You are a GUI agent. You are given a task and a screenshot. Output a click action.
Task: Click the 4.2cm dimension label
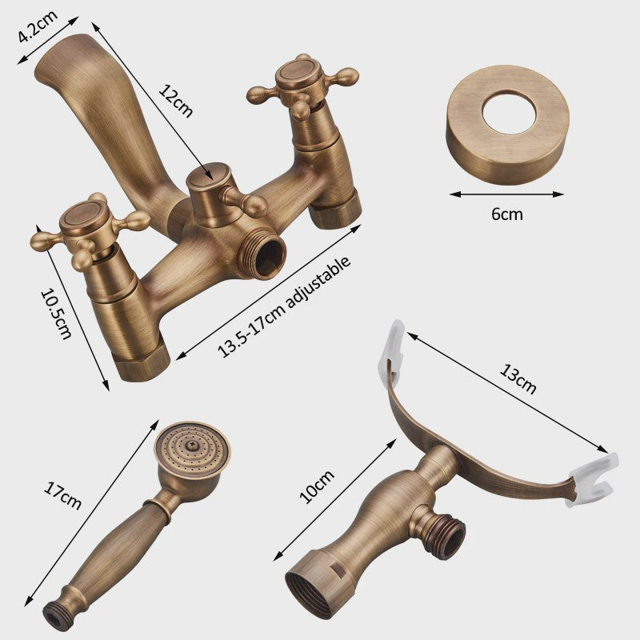[x=38, y=26]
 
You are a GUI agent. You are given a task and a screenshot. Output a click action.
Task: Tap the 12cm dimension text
[x=175, y=101]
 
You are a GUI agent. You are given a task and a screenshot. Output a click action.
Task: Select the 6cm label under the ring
[x=506, y=214]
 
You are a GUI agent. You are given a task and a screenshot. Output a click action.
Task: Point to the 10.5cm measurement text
[x=56, y=314]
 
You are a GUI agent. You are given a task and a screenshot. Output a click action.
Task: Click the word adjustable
[x=318, y=282]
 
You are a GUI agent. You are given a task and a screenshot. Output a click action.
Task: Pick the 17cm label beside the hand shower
[x=62, y=495]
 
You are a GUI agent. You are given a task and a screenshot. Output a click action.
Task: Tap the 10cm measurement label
[x=317, y=486]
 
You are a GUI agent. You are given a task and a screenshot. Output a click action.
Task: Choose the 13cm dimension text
[x=518, y=379]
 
